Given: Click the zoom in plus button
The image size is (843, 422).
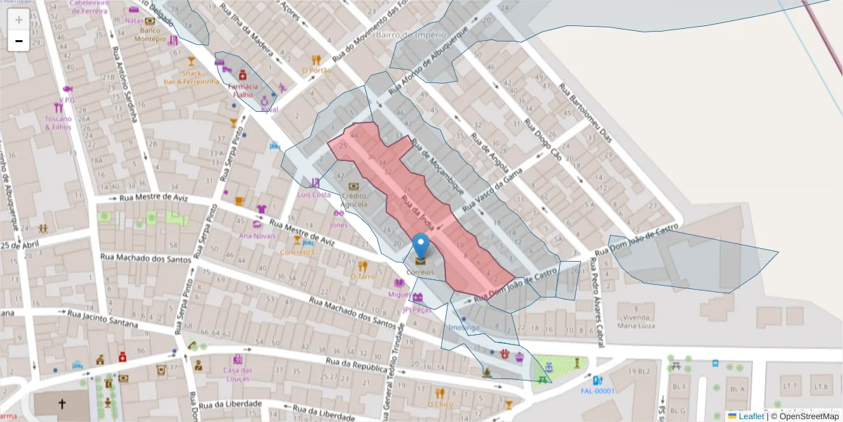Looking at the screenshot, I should tap(18, 19).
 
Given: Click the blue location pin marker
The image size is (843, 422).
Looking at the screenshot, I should tap(421, 247).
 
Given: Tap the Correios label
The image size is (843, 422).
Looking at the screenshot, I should tap(420, 271).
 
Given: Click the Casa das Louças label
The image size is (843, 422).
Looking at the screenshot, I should tap(237, 374).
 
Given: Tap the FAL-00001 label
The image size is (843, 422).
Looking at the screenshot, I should tap(598, 391).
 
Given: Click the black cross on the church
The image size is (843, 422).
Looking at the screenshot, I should tap(62, 404).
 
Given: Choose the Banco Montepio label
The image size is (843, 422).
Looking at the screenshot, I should tap(150, 34).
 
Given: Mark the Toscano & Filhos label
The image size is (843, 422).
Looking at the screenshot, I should tap(58, 122).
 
